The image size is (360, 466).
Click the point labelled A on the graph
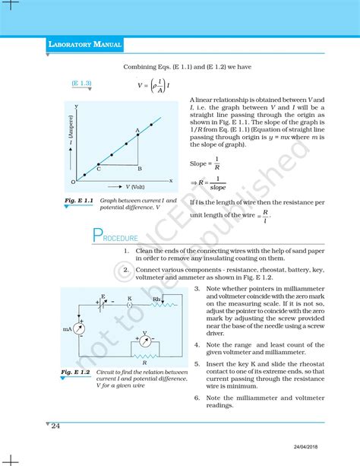tap(138, 136)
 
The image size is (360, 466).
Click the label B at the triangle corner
tap(141, 168)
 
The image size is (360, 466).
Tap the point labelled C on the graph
tap(99, 168)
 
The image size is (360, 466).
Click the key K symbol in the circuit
tap(130, 304)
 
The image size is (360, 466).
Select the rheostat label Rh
tap(156, 299)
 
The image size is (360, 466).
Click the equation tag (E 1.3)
tap(81, 82)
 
